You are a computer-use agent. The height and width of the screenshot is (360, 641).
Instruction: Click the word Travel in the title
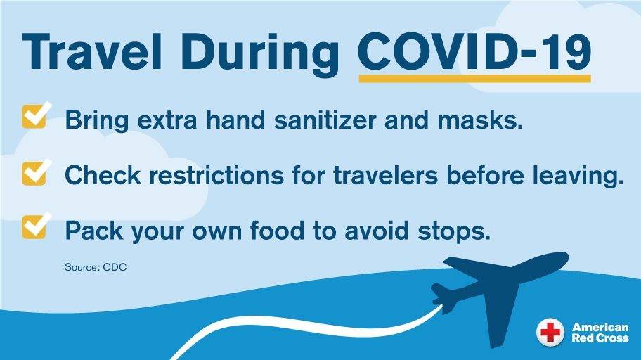(x=92, y=52)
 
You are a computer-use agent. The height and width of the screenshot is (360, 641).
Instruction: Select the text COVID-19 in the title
(x=474, y=51)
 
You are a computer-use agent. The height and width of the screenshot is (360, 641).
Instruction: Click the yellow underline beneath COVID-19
(x=474, y=78)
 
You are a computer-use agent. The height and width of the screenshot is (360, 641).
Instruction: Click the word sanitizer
(x=325, y=120)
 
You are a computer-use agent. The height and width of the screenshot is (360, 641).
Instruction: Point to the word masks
(x=480, y=120)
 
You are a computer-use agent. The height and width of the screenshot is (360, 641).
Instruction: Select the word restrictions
(x=216, y=176)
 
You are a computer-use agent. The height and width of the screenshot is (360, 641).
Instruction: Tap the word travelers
(x=385, y=176)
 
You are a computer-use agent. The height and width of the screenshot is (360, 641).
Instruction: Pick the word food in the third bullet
(x=277, y=230)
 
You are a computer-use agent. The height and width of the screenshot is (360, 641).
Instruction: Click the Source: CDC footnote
(x=96, y=268)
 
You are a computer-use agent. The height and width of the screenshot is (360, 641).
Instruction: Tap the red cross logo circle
(x=550, y=331)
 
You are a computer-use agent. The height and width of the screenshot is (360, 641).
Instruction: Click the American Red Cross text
(x=600, y=332)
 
